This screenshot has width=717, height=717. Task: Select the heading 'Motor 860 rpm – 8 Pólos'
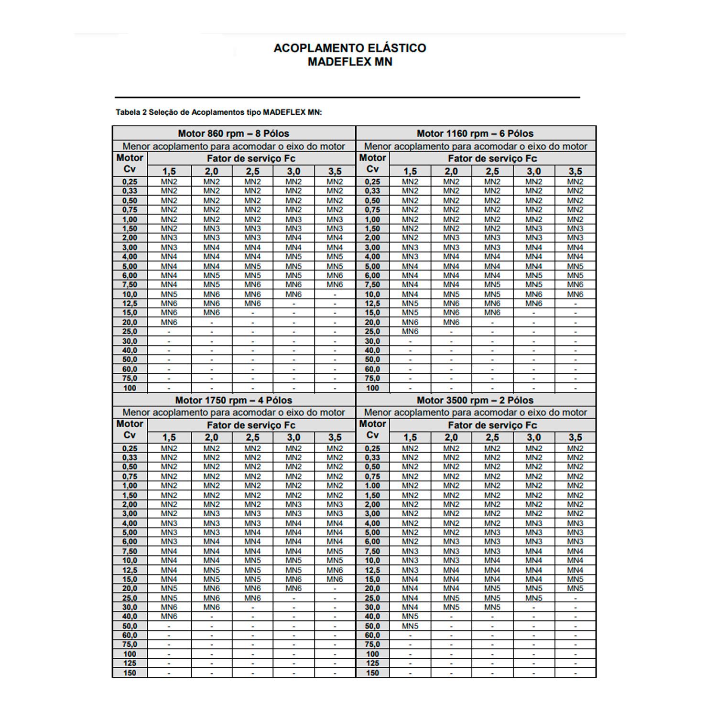233,133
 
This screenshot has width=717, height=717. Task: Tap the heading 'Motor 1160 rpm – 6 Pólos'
475,133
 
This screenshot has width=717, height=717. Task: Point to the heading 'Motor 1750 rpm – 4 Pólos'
233,400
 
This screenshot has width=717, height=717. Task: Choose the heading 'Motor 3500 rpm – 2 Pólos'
475,400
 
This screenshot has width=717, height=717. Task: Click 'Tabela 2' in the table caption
131,112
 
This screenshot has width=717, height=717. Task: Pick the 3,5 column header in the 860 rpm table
335,171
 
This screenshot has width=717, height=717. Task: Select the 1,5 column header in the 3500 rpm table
410,437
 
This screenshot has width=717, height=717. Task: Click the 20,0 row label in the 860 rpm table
130,322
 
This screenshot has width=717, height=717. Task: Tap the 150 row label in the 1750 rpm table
130,673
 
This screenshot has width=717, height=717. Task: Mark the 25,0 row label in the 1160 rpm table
372,331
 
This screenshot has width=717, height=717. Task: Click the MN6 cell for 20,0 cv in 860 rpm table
169,322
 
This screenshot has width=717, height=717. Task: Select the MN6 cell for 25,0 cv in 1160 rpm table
410,331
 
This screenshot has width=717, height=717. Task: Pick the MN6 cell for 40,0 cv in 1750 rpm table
169,617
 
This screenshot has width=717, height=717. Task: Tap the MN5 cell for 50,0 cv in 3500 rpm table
410,626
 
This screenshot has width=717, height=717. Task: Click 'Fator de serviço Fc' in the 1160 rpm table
492,158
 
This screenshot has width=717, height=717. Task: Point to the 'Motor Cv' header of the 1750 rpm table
130,429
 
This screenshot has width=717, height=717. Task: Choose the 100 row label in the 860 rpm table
130,388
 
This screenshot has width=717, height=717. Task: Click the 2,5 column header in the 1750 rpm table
252,437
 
